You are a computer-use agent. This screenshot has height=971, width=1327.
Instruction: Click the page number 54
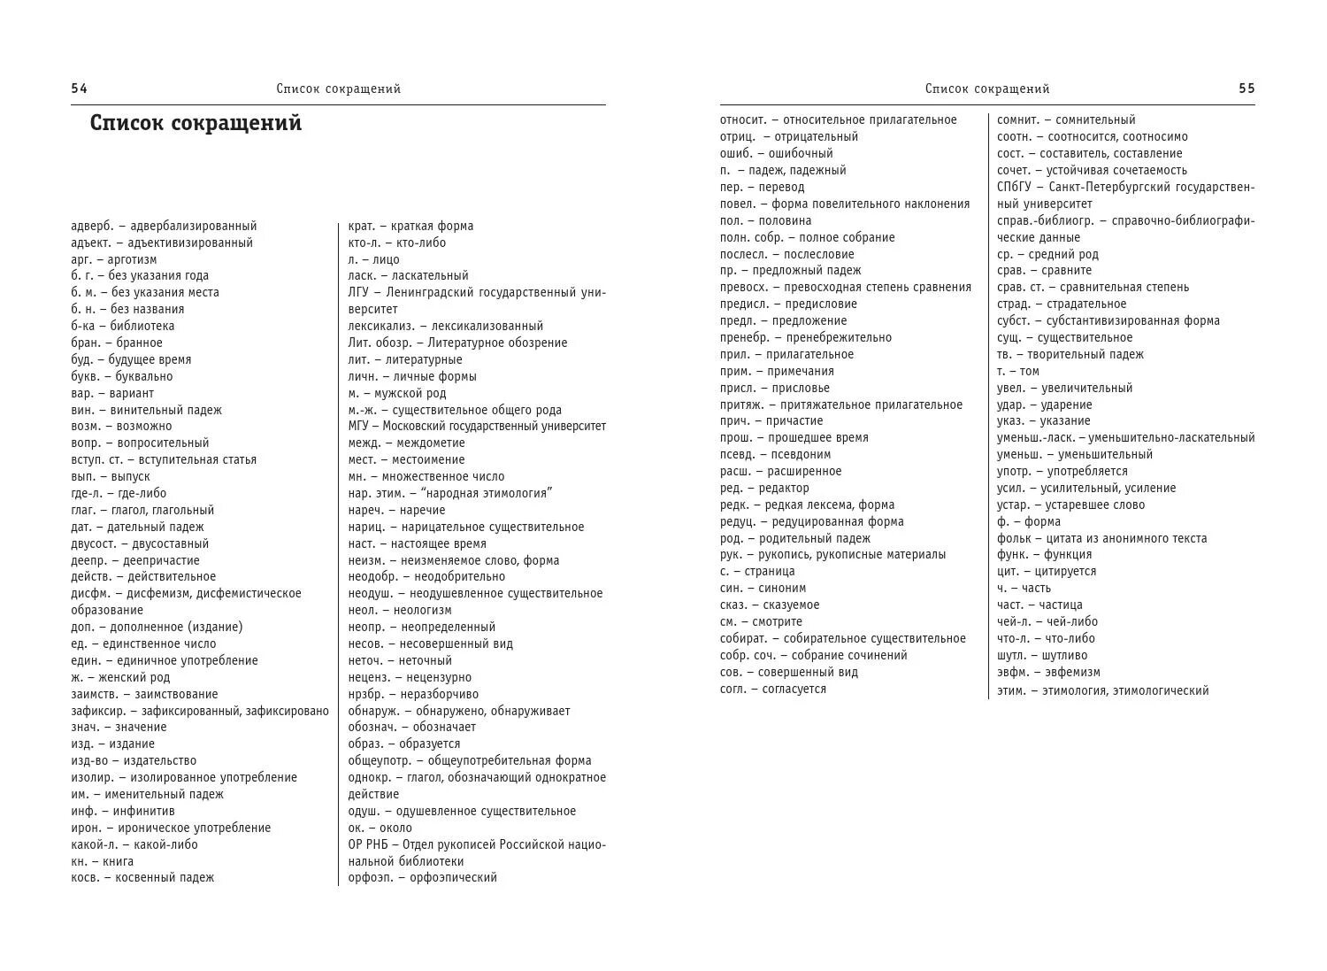tap(79, 89)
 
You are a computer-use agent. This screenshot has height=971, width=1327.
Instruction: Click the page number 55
tap(1246, 89)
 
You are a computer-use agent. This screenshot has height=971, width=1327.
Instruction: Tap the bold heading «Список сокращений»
tap(196, 123)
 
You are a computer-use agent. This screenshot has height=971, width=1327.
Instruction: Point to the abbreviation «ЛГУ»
tap(358, 292)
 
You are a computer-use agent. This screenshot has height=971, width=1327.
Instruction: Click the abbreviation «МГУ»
tap(358, 426)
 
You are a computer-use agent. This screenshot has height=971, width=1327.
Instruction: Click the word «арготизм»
tap(132, 259)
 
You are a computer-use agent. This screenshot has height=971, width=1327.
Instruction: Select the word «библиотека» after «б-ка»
tap(142, 326)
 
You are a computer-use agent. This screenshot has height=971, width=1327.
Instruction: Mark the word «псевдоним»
tap(801, 454)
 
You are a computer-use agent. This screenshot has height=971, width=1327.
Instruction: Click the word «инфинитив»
tap(145, 811)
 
